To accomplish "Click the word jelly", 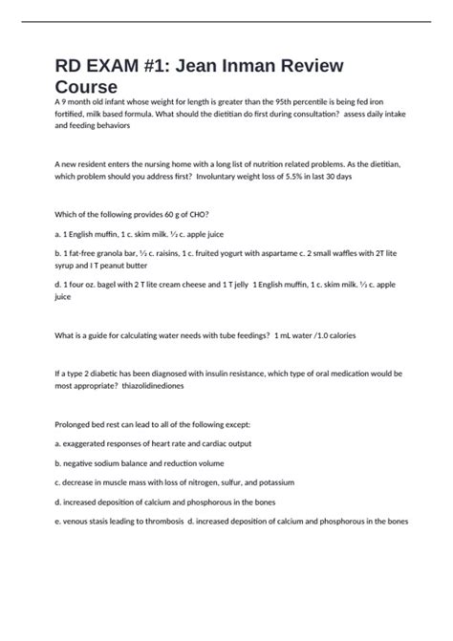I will (226, 285).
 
